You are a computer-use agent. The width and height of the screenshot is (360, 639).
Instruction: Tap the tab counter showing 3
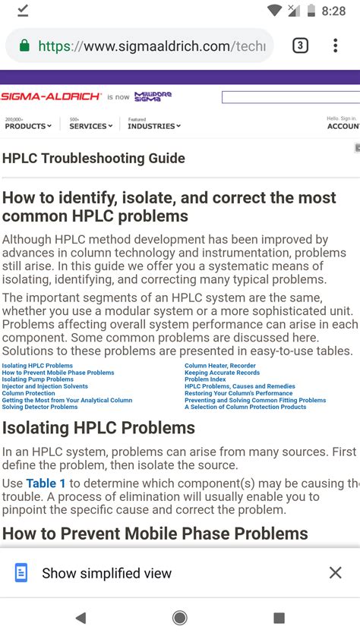pyautogui.click(x=300, y=46)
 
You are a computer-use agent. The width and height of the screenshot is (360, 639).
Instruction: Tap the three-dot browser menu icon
pyautogui.click(x=335, y=46)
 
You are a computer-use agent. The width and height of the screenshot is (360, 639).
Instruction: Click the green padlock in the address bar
pyautogui.click(x=24, y=46)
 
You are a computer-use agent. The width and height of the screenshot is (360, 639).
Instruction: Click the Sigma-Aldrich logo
pyautogui.click(x=51, y=96)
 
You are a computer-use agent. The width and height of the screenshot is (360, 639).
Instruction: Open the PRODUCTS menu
pyautogui.click(x=28, y=126)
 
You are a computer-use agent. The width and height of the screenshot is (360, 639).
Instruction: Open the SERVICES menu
pyautogui.click(x=90, y=126)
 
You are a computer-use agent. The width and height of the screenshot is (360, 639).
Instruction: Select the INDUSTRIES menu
pyautogui.click(x=154, y=126)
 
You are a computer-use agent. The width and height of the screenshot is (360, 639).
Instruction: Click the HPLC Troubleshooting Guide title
pyautogui.click(x=93, y=159)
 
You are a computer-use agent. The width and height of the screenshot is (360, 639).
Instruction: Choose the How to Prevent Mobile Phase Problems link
pyautogui.click(x=58, y=373)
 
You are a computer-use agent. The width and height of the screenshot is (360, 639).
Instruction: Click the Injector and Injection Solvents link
pyautogui.click(x=45, y=386)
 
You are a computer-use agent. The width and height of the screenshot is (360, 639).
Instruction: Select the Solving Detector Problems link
pyautogui.click(x=39, y=407)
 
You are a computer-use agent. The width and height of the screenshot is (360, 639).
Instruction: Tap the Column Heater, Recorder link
pyautogui.click(x=220, y=366)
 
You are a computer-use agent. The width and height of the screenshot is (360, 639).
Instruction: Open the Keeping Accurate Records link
pyautogui.click(x=222, y=373)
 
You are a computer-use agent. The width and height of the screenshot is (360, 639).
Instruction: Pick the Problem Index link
pyautogui.click(x=205, y=379)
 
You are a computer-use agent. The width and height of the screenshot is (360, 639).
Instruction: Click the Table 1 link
pyautogui.click(x=46, y=483)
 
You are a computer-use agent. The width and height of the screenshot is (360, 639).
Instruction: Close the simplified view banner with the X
pyautogui.click(x=335, y=573)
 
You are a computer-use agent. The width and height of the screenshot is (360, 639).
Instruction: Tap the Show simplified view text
pyautogui.click(x=106, y=573)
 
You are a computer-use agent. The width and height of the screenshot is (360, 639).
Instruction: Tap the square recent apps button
pyautogui.click(x=279, y=618)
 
